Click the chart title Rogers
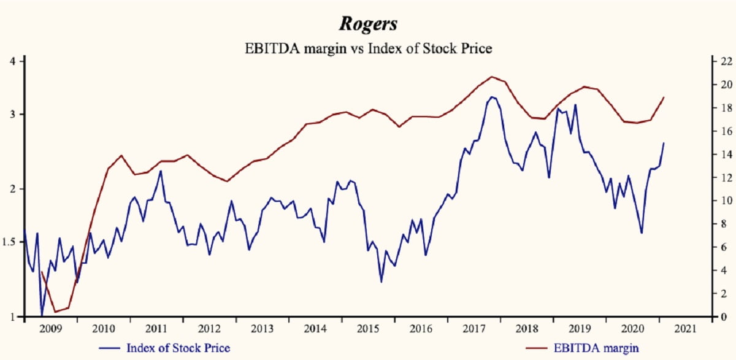pyautogui.click(x=368, y=25)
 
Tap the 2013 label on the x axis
pyautogui.click(x=263, y=328)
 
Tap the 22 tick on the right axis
pyautogui.click(x=725, y=61)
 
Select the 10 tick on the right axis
pyautogui.click(x=725, y=201)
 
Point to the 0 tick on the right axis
pyautogui.click(x=723, y=317)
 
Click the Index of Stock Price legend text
pyautogui.click(x=178, y=348)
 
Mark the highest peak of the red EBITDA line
pyautogui.click(x=491, y=77)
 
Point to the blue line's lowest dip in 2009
pyautogui.click(x=42, y=316)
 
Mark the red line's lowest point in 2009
pyautogui.click(x=55, y=312)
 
